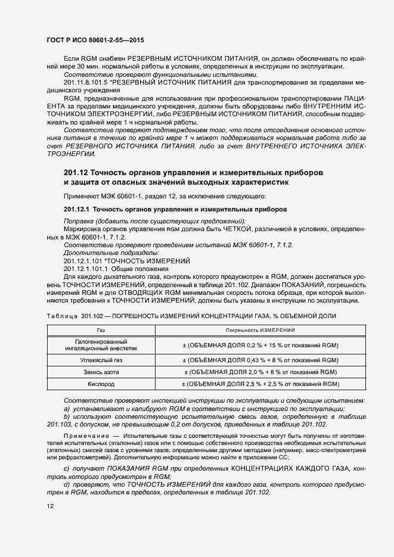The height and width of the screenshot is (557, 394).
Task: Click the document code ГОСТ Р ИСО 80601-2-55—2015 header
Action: coord(95,41)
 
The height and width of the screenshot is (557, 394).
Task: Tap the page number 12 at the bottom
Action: coord(50,506)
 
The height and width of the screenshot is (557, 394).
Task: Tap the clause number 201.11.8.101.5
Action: coord(86,82)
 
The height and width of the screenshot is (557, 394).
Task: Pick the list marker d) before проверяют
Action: coord(66,486)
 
